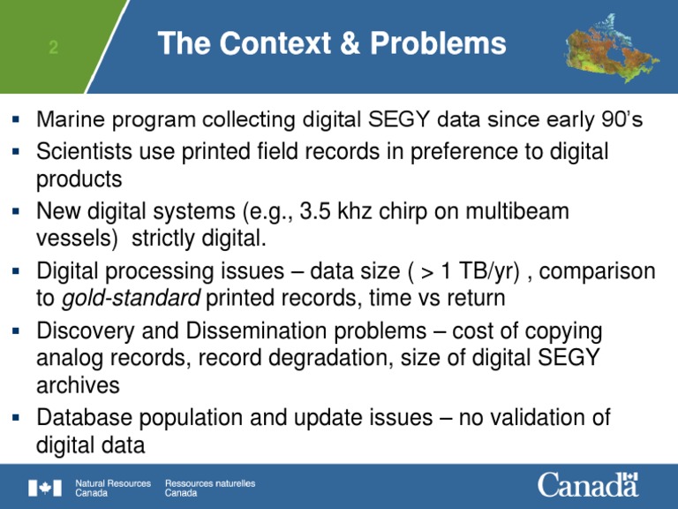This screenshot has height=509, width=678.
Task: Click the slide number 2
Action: click(x=53, y=47)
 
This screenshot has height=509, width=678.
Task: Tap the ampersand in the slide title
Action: click(x=350, y=43)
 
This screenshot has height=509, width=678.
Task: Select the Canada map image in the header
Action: click(x=612, y=47)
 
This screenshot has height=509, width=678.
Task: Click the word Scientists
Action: click(x=85, y=151)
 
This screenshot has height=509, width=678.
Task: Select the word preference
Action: click(x=466, y=152)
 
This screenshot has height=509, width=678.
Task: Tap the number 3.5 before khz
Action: click(x=315, y=211)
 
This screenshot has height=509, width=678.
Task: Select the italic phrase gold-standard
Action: click(x=131, y=299)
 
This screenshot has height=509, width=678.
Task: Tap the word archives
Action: click(x=78, y=385)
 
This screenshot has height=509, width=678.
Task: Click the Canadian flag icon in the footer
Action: click(x=45, y=488)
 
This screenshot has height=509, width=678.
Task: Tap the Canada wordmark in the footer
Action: click(x=588, y=484)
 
